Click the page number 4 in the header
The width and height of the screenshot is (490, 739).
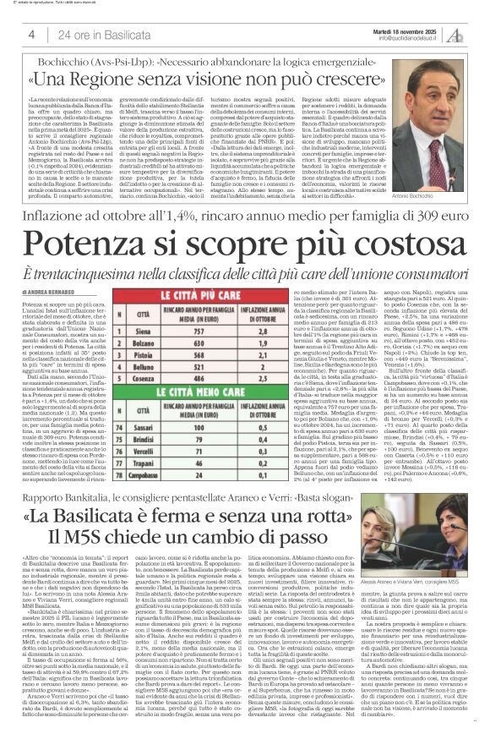(x=30, y=33)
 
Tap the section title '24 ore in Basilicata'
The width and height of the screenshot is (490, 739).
(x=93, y=33)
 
